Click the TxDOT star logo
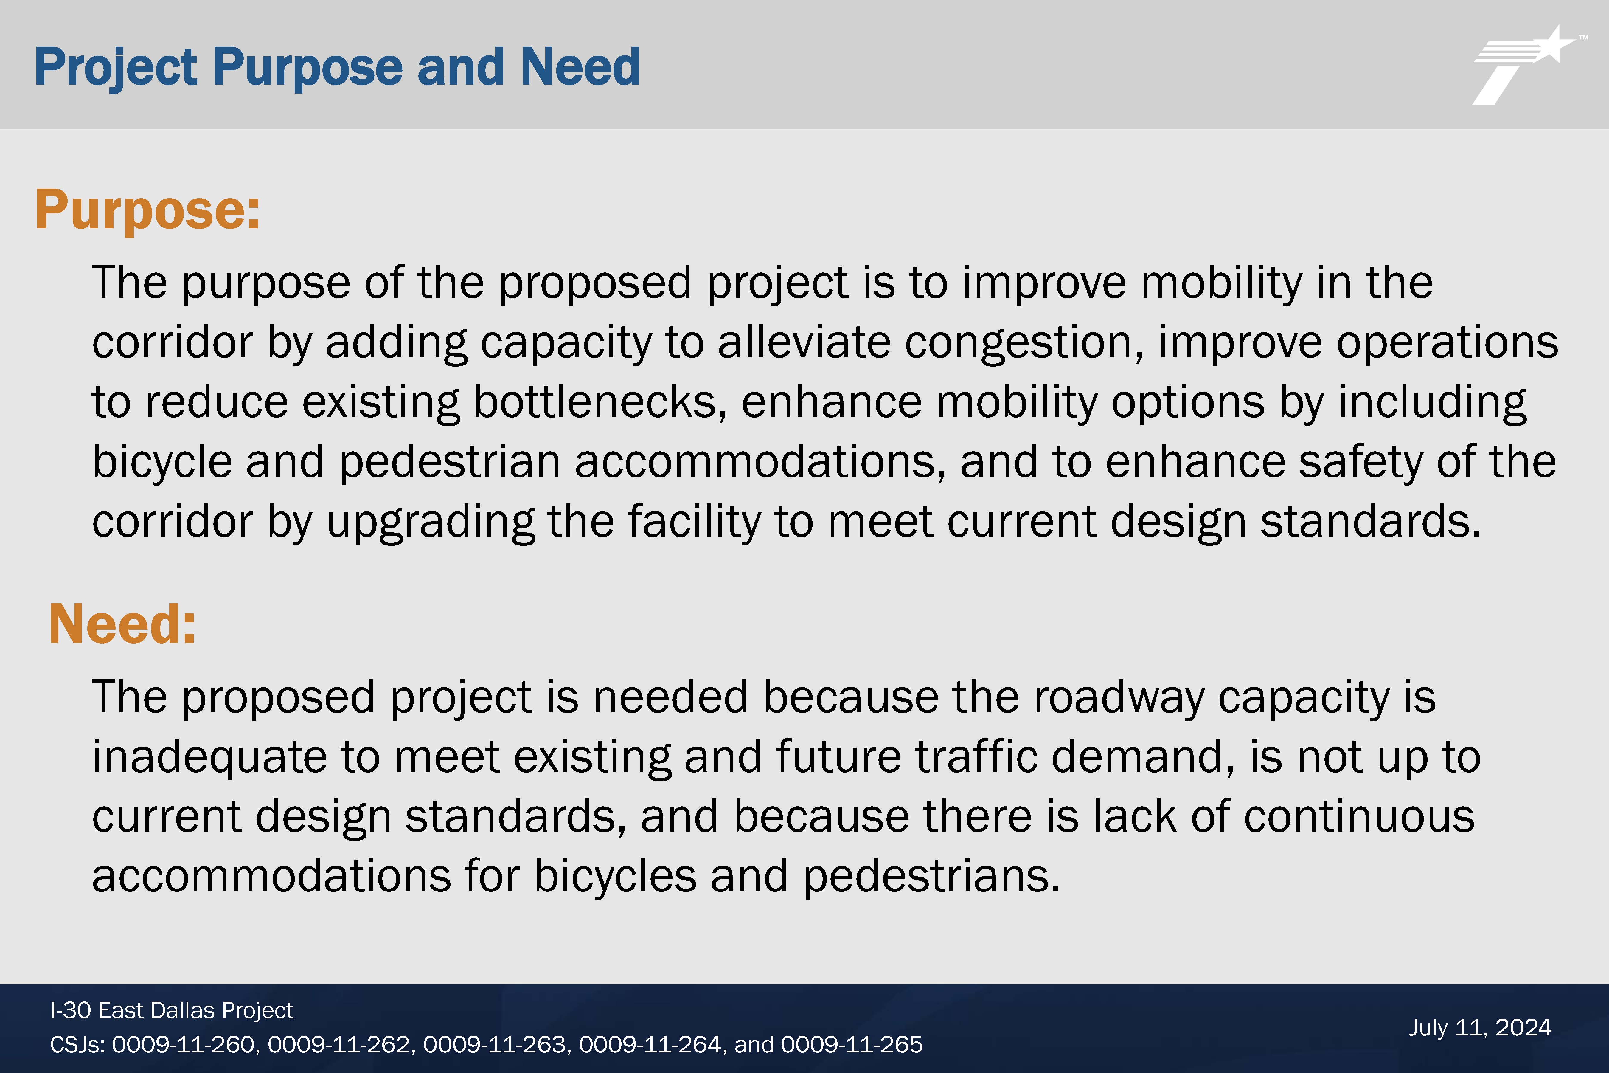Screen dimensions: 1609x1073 click(x=1527, y=65)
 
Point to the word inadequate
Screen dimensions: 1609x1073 click(x=209, y=758)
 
